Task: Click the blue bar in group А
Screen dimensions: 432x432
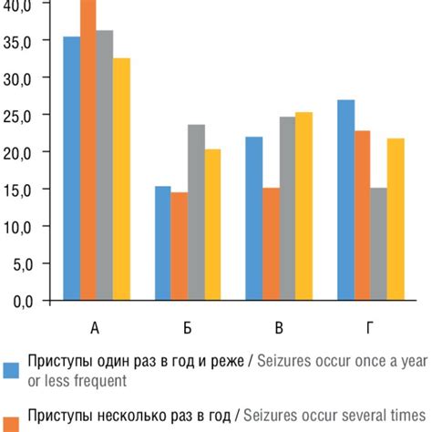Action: (71, 169)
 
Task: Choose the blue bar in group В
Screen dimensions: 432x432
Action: (253, 218)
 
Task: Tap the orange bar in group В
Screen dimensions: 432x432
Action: (270, 243)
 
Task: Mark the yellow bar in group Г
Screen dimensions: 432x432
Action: (396, 219)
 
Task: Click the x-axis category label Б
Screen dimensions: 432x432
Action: (187, 328)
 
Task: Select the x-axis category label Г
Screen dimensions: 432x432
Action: (370, 328)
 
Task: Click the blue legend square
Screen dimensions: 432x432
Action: (12, 370)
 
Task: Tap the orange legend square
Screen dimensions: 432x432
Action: (12, 422)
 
